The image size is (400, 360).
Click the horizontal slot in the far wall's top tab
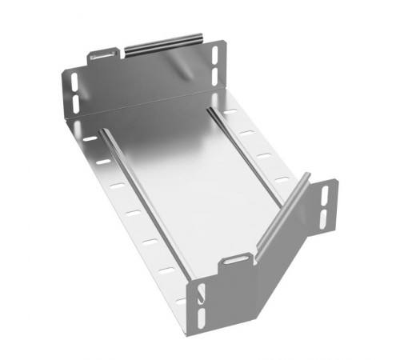pos(102,57)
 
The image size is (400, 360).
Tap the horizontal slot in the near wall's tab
pos(235,261)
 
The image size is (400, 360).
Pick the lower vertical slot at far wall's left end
pos(72,102)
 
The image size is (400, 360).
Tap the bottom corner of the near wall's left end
pos(194,336)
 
